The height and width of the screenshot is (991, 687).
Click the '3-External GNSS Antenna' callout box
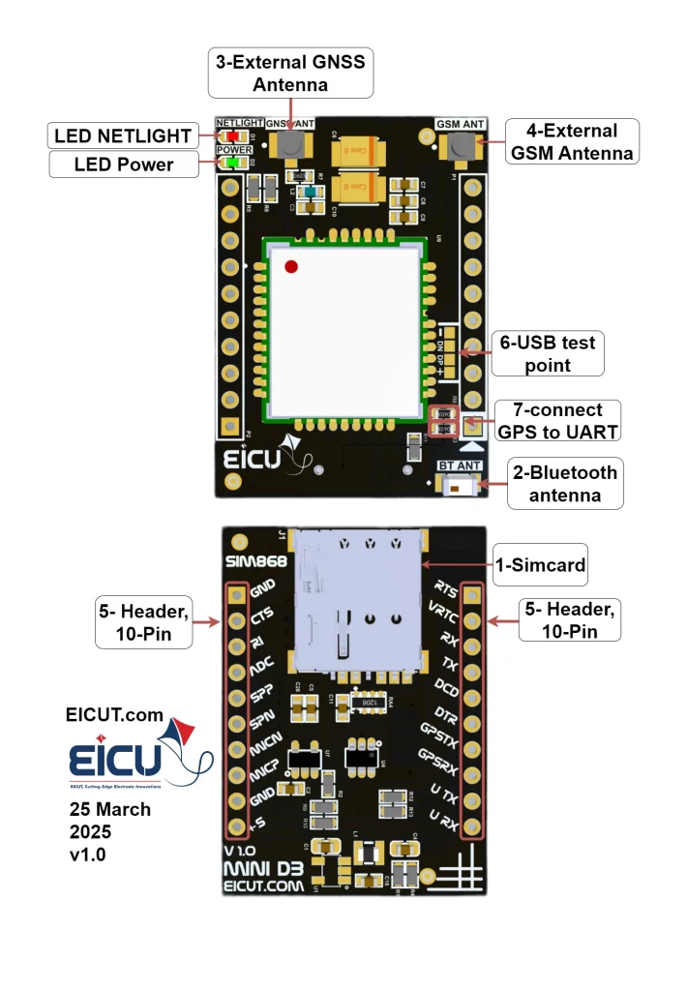coord(290,74)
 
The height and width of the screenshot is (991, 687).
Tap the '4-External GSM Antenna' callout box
coord(573,141)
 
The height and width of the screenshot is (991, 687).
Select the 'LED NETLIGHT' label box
coord(123,135)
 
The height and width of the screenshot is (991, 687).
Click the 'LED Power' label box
coord(124,165)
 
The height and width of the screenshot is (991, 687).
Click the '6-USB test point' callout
coord(548,353)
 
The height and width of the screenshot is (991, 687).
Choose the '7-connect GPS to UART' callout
coord(556,421)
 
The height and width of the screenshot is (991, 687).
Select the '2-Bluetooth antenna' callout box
coord(565,483)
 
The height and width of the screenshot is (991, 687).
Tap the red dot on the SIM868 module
coord(291,266)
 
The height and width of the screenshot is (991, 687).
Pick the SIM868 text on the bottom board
coord(251,562)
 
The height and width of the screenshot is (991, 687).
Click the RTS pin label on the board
coord(446,588)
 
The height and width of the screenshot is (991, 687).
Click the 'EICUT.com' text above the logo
coord(114,715)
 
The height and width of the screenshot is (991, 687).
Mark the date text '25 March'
coord(110,809)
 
